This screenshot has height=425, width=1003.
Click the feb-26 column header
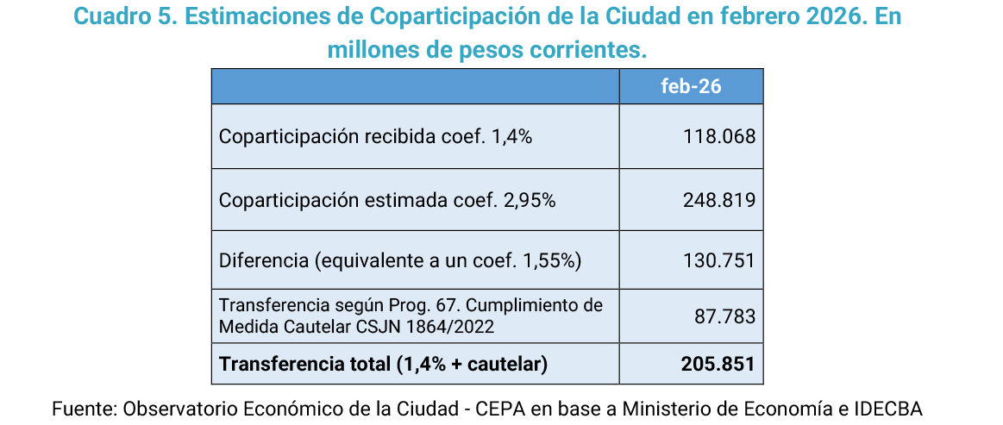691,86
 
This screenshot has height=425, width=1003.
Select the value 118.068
719,136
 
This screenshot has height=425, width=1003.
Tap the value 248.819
719,199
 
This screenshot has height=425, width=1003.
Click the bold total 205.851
718,364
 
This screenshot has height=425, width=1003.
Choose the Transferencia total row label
383,364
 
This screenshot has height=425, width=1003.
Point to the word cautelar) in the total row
509,364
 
